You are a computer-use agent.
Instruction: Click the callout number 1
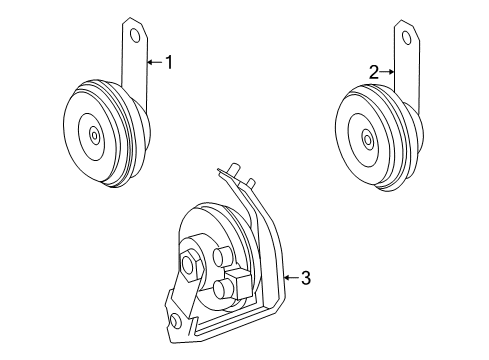pos(169,63)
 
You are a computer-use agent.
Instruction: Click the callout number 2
pos(373,72)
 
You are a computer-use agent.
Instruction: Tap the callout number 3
pos(306,278)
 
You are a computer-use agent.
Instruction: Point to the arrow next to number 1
pos(154,63)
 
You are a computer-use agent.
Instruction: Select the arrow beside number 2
pos(388,72)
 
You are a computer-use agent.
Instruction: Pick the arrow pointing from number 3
pos(291,278)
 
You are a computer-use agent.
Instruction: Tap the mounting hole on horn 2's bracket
pos(406,36)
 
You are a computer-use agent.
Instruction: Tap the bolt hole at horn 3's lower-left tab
pos(176,322)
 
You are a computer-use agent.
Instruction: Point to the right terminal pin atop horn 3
pos(250,183)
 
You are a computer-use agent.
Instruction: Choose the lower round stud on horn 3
pos(222,291)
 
